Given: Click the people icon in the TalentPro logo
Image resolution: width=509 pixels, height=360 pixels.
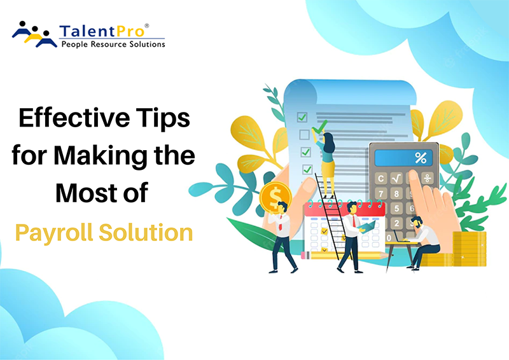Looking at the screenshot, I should tap(34, 34).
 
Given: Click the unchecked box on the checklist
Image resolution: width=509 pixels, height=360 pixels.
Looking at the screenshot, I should tap(303, 134).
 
